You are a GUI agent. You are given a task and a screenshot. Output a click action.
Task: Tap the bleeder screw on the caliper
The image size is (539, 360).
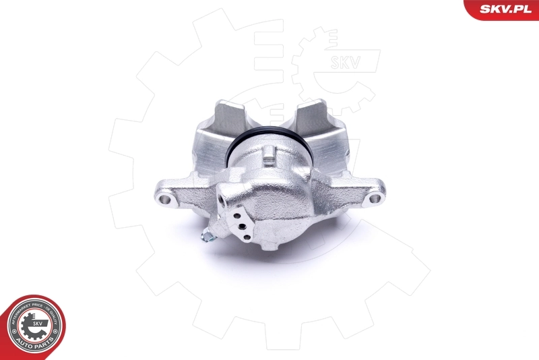point(210,236)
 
